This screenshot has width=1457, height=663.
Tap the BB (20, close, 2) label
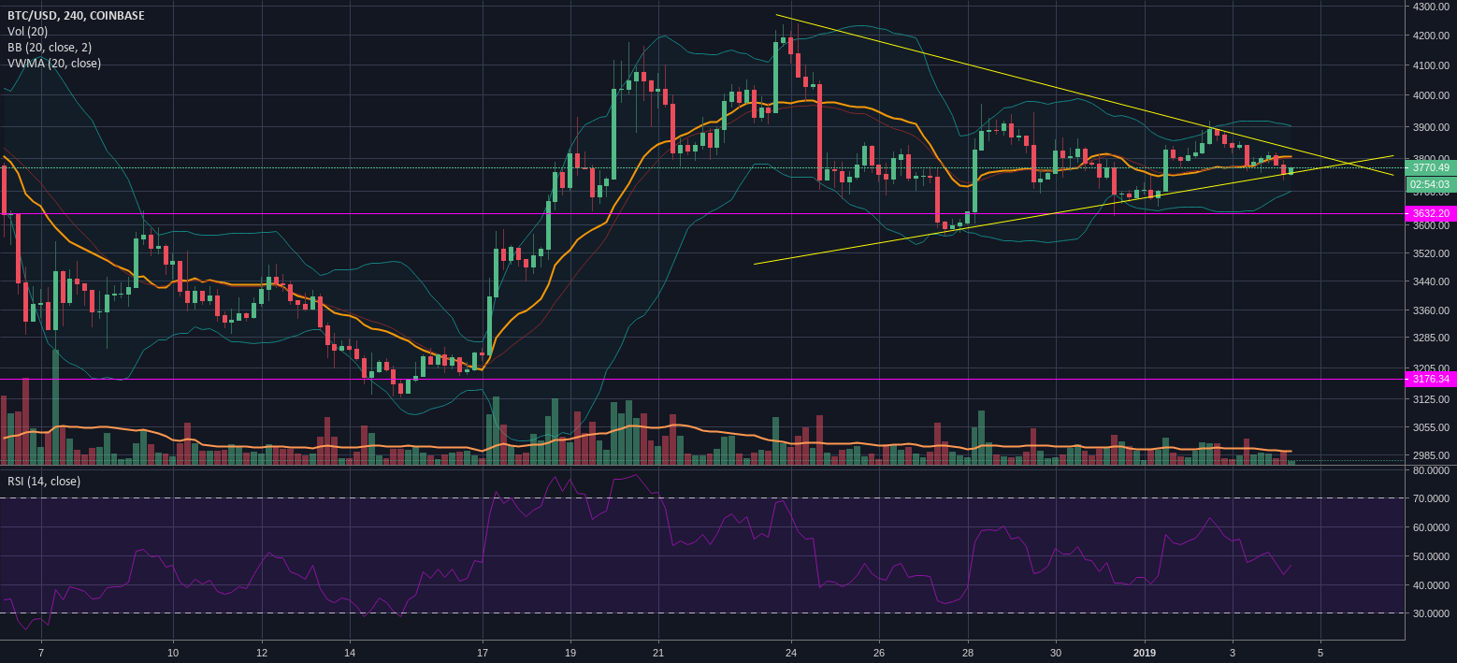point(51,47)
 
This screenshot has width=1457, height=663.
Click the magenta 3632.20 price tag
point(1430,214)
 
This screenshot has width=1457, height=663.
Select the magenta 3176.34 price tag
point(1430,379)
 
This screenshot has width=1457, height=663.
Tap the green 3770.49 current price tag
point(1430,167)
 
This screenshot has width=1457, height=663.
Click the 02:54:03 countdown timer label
point(1430,185)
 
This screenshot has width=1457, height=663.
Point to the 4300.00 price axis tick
point(1430,7)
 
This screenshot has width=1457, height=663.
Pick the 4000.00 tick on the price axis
point(1430,95)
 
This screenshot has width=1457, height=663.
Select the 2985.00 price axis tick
point(1430,455)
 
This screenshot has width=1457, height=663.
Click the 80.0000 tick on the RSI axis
point(1430,470)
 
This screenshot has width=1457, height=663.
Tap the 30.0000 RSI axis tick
point(1430,613)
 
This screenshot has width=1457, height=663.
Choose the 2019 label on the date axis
point(1145,651)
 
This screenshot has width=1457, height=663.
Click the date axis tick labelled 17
point(483,651)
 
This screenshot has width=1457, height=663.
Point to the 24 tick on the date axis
point(791,651)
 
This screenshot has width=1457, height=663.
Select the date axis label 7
point(40,651)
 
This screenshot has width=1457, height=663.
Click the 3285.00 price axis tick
point(1430,338)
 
